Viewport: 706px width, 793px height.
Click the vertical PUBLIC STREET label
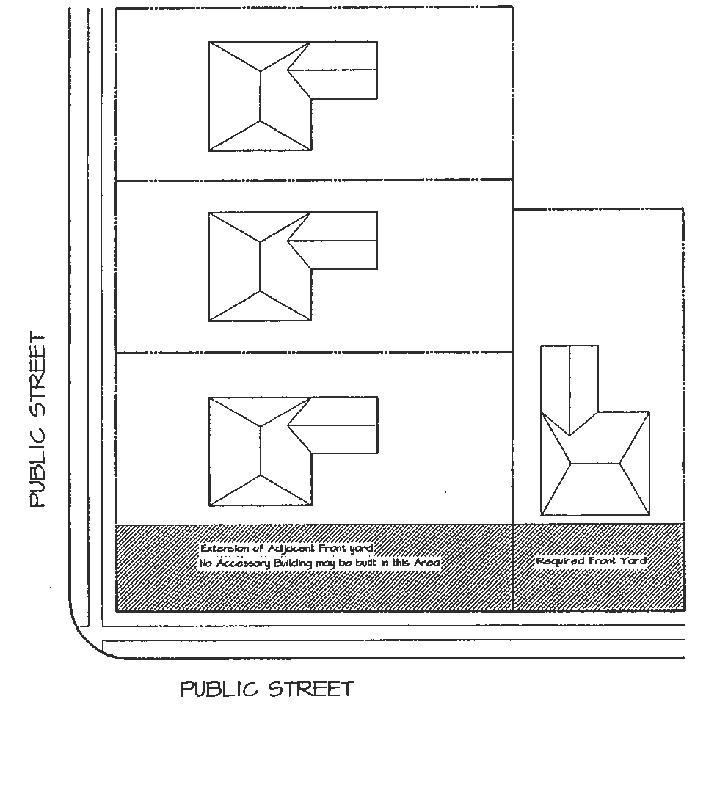(x=37, y=420)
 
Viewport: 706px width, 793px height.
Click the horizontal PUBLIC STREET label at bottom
(x=266, y=690)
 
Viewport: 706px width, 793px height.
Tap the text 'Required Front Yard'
(x=592, y=561)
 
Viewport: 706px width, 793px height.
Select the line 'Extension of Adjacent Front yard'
(x=288, y=549)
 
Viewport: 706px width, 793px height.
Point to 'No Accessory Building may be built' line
(x=320, y=563)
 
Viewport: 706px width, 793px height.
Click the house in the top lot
(x=261, y=96)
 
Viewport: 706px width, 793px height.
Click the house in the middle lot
(x=261, y=267)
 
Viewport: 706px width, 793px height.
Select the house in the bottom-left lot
(x=261, y=451)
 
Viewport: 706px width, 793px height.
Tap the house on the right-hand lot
(x=595, y=462)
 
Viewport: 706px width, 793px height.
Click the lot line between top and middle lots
(x=314, y=180)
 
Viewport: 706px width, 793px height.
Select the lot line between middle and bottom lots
(x=314, y=353)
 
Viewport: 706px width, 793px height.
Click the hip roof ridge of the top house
(x=261, y=96)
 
